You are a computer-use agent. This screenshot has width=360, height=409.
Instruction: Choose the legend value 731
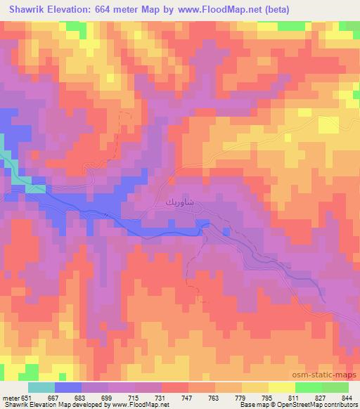[162, 398]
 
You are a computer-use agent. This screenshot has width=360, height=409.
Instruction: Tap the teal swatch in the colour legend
[41, 387]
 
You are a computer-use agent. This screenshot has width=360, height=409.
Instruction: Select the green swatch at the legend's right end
[335, 387]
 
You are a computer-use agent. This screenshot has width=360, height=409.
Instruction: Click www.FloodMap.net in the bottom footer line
[144, 405]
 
